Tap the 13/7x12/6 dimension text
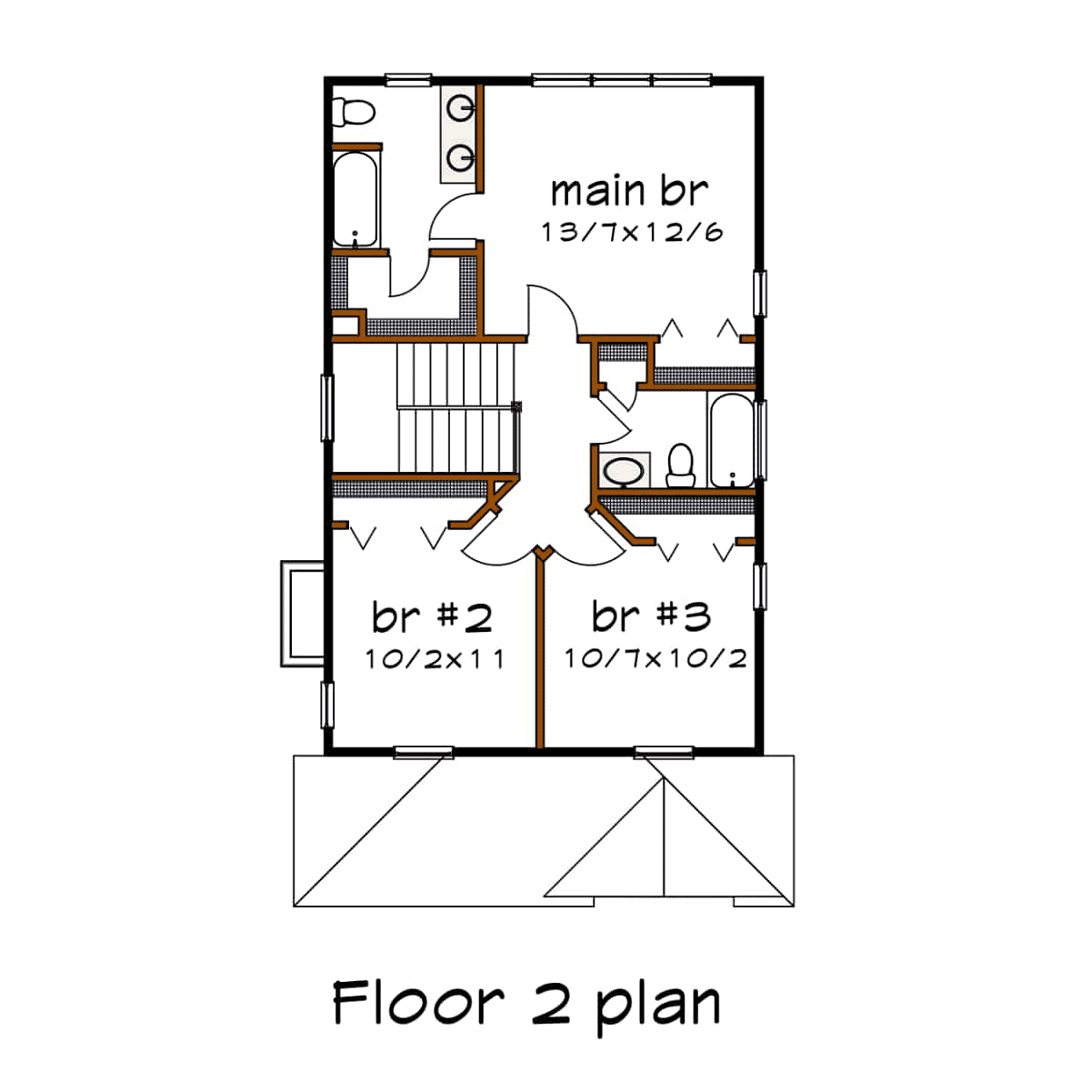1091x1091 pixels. click(x=632, y=232)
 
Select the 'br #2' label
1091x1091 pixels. click(x=432, y=617)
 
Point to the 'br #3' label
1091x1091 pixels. click(x=651, y=616)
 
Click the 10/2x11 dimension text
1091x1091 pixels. click(x=435, y=659)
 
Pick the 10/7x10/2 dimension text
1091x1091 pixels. click(x=656, y=658)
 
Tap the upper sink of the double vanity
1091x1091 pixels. click(x=460, y=107)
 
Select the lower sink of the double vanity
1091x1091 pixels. click(x=460, y=157)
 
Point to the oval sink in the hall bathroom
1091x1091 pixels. click(x=624, y=471)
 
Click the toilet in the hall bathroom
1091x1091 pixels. click(x=680, y=465)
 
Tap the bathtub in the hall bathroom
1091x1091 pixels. click(x=732, y=440)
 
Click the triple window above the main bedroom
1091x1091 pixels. click(x=622, y=80)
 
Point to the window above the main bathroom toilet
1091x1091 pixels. click(x=408, y=80)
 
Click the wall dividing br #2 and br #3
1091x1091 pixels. click(x=540, y=650)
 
